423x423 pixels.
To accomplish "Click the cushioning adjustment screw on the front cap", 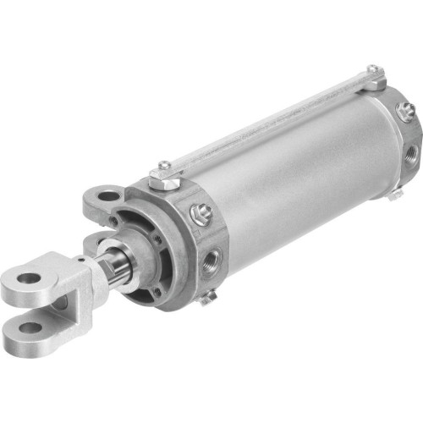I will pos(201,216).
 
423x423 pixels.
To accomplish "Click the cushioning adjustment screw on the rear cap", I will pos(405,109).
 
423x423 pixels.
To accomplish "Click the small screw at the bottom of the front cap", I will pos(208,295).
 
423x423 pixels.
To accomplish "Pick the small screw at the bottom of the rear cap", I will pos(394,194).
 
